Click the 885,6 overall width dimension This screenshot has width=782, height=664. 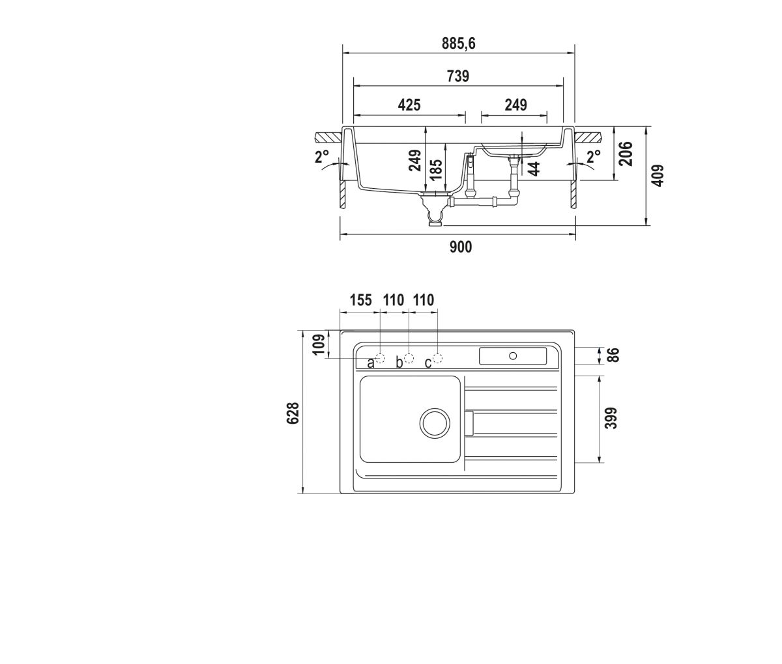458,44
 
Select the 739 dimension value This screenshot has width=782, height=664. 457,76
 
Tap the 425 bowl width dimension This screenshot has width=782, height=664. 409,105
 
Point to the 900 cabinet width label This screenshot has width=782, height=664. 461,247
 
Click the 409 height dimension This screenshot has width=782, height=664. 658,175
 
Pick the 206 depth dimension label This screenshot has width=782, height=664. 626,154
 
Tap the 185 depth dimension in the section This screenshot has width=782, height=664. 436,170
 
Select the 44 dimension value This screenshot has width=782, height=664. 534,169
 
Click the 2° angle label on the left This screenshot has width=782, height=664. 322,156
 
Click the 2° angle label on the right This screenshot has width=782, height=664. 594,156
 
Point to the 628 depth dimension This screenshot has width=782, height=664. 293,413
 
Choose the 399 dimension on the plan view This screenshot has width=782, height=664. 611,419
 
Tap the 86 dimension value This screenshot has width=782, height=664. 613,355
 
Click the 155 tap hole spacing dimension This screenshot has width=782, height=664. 360,301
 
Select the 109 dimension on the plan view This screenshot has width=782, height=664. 319,344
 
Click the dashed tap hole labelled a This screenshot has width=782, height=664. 380,358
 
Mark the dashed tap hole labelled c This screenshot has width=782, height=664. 438,358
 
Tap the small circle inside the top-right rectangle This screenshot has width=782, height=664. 513,355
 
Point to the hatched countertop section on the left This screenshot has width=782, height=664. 328,137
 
